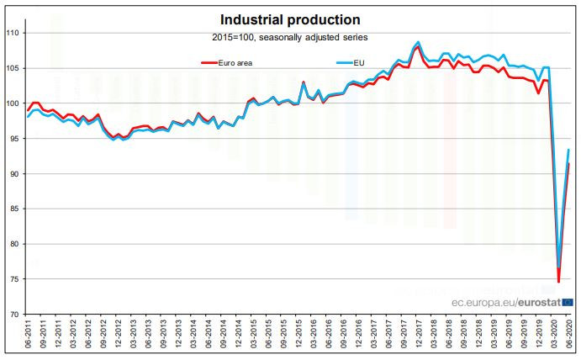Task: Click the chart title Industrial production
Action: click(290, 19)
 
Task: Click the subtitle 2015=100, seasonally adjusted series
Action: click(290, 38)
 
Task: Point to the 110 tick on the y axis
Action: click(13, 33)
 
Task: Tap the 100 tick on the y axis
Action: click(13, 103)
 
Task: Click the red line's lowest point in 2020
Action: click(558, 281)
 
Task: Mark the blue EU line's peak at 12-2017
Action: click(419, 42)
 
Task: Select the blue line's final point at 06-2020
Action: click(570, 150)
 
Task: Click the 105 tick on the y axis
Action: click(13, 68)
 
